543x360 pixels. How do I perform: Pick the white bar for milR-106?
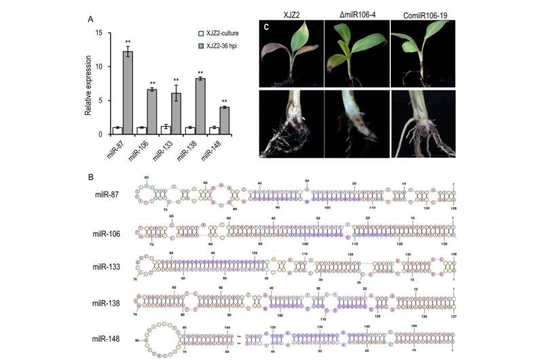point(141,130)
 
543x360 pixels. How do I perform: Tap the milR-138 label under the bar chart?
point(191,151)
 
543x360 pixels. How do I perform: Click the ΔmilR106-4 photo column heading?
point(356,13)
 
